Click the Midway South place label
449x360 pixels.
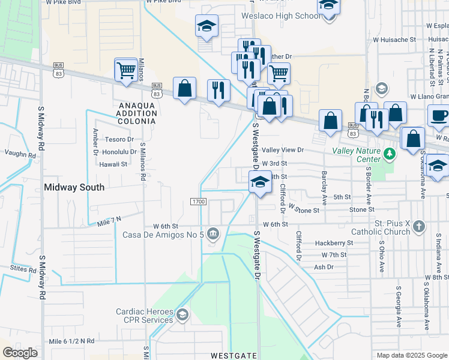74,187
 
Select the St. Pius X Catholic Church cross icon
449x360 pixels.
419,226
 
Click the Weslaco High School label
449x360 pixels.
280,16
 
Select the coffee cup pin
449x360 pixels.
438,115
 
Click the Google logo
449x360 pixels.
20,353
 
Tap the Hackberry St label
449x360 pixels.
334,243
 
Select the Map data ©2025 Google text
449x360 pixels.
412,355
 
